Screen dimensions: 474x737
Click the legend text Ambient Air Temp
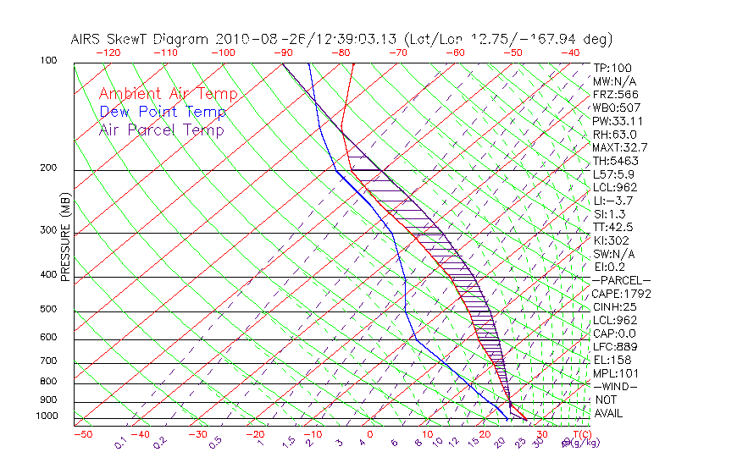pyautogui.click(x=168, y=94)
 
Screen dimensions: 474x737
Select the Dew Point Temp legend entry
pyautogui.click(x=163, y=112)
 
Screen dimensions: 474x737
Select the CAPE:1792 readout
pyautogui.click(x=616, y=294)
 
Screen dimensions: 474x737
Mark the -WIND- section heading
pyautogui.click(x=616, y=386)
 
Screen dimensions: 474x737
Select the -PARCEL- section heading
pyautogui.click(x=621, y=280)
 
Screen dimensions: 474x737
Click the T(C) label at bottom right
pyautogui.click(x=579, y=434)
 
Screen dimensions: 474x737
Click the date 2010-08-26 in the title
pyautogui.click(x=254, y=39)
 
